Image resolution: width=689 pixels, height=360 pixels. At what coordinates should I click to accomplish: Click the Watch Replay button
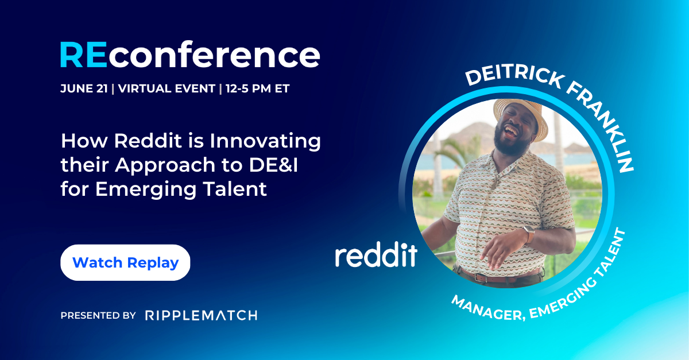pyautogui.click(x=125, y=262)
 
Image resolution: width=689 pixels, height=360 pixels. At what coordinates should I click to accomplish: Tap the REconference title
pyautogui.click(x=189, y=56)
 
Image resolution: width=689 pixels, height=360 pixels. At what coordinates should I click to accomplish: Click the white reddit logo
pyautogui.click(x=376, y=255)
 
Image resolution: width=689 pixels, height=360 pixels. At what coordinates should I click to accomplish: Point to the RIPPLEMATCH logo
pyautogui.click(x=201, y=315)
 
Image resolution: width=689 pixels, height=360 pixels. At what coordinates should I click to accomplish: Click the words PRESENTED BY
pyautogui.click(x=98, y=315)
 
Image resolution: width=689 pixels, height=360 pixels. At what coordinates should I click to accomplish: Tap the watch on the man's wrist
pyautogui.click(x=529, y=233)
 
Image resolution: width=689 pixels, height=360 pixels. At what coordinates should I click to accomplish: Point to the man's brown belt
pyautogui.click(x=500, y=277)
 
